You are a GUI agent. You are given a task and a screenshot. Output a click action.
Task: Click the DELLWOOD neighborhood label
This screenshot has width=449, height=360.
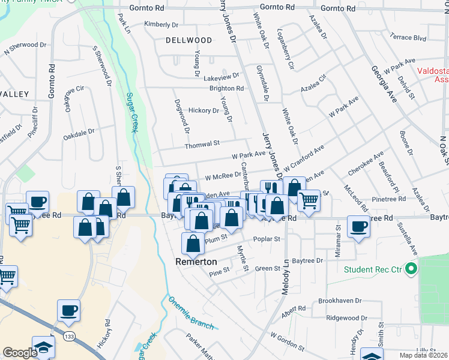click(x=189, y=40)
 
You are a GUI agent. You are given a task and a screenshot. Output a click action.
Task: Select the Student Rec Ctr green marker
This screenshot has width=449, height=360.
click(x=411, y=269)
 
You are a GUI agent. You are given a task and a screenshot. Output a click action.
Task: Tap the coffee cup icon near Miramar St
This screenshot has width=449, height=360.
click(x=359, y=227)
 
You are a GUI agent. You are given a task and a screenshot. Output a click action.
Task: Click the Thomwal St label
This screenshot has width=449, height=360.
click(x=202, y=143)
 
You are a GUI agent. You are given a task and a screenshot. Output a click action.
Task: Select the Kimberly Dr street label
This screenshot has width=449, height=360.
click(x=161, y=25)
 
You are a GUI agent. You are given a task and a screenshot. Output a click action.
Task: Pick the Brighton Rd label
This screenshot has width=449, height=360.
click(x=226, y=88)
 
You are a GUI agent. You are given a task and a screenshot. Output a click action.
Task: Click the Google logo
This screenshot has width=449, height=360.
click(x=20, y=353)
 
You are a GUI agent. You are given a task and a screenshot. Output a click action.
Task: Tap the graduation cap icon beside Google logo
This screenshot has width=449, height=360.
click(x=43, y=347)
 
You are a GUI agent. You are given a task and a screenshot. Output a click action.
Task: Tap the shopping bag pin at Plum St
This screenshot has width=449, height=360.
click(x=193, y=243)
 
